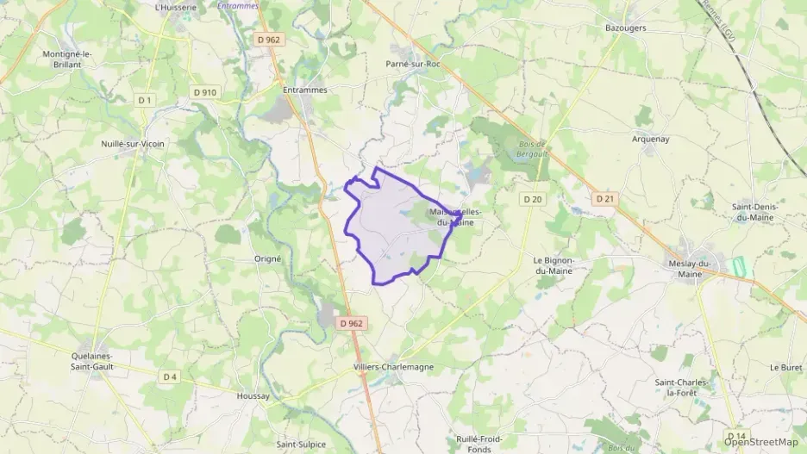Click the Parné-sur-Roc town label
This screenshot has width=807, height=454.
point(413,64)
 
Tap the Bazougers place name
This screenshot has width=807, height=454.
point(626,28)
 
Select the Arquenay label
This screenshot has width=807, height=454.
point(650,139)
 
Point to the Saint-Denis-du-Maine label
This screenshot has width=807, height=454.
point(753,212)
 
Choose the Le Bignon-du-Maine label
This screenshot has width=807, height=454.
point(559,265)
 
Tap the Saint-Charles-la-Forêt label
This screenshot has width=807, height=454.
point(681,387)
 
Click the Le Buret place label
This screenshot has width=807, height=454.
point(785,367)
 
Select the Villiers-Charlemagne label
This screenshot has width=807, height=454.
point(393,367)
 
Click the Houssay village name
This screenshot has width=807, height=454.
point(253,396)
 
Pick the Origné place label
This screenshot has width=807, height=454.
point(268,258)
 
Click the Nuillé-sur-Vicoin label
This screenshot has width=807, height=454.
point(133,144)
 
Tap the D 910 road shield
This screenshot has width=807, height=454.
point(204,92)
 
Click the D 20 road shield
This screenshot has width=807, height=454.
point(532,199)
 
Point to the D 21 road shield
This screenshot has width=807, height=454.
point(605,199)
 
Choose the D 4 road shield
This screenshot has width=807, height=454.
point(170,376)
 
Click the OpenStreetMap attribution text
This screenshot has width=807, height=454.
point(761,442)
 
